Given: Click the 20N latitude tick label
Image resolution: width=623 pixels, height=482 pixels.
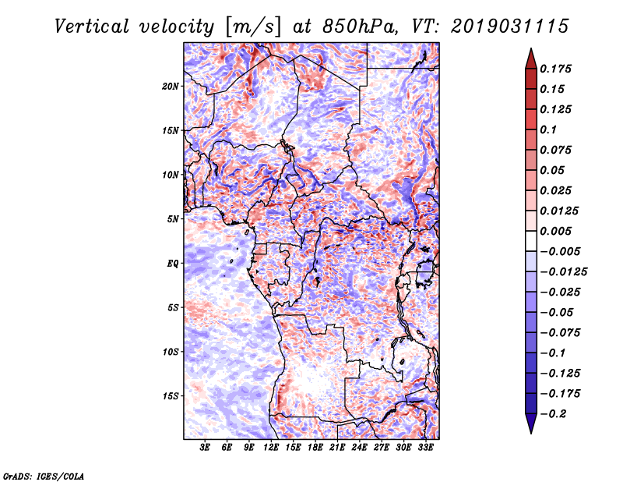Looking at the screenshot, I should tap(171, 86).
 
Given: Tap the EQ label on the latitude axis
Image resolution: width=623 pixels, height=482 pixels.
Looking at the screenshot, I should tap(172, 263).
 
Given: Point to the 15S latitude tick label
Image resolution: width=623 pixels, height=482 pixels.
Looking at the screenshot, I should tap(171, 395).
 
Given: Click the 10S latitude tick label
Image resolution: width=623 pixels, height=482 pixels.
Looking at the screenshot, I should tap(171, 352).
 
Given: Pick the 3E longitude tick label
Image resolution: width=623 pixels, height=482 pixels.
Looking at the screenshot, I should tap(206, 448).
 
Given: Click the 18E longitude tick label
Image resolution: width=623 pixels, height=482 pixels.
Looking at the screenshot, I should tap(315, 448).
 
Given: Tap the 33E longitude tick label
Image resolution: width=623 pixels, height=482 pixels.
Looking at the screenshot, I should tap(425, 448).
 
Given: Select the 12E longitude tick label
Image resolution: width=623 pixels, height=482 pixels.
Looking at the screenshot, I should tap(272, 448).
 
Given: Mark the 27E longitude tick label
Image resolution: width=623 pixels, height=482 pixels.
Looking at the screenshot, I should tap(382, 448).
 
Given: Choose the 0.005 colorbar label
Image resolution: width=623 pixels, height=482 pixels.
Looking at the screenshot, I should tap(558, 231).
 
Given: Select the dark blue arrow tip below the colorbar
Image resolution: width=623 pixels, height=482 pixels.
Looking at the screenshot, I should tap(530, 426).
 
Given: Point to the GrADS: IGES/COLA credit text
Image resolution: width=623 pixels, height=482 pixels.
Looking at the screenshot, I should tap(44, 475).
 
